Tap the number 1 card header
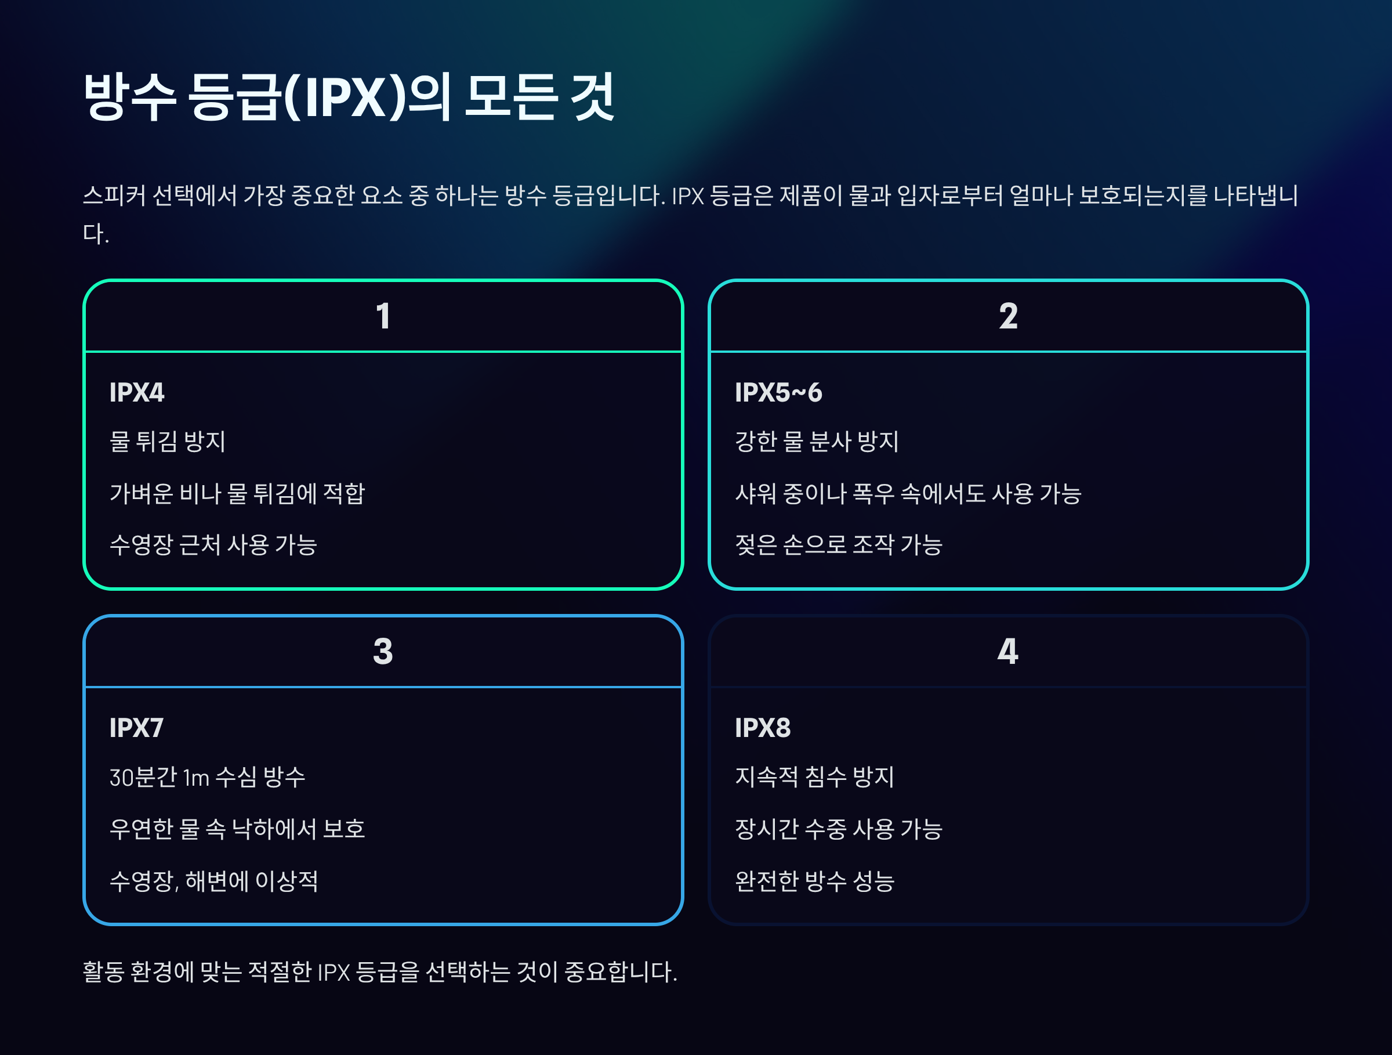coord(383,316)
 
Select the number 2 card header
coord(1007,316)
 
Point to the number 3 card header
coord(383,652)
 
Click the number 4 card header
coord(1007,652)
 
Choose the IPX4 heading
coord(136,392)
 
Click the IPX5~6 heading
coord(778,392)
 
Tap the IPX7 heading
coord(136,728)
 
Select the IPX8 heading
coord(762,728)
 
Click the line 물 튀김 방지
coord(168,441)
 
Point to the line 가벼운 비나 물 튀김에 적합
coord(237,493)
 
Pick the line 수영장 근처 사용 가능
coord(213,544)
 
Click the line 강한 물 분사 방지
coord(816,441)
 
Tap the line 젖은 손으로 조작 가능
coord(838,544)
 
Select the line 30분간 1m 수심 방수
coord(207,777)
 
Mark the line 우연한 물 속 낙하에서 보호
coord(237,828)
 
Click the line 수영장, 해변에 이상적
coord(213,881)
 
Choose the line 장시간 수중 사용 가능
coord(838,828)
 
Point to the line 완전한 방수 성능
coord(814,881)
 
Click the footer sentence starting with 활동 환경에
coord(379,971)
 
